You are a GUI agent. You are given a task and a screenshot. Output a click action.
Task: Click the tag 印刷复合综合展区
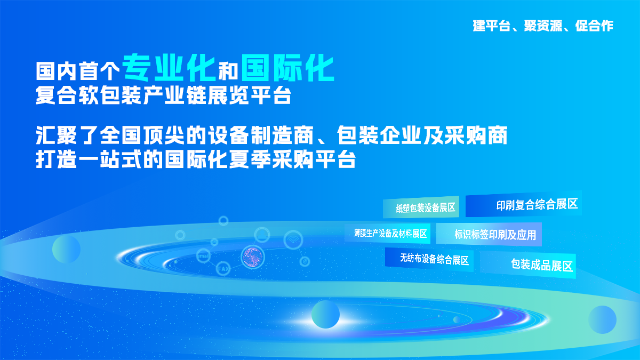[523, 204]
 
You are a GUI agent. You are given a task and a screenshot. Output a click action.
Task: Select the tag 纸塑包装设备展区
[421, 207]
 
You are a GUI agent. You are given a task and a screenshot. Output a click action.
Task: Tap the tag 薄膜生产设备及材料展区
[387, 234]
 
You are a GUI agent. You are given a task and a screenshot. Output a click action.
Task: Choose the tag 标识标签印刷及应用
[489, 234]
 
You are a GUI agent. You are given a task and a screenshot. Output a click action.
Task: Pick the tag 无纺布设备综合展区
[429, 259]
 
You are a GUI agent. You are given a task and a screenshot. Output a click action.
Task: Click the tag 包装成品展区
[528, 265]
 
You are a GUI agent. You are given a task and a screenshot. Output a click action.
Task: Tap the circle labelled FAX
[223, 269]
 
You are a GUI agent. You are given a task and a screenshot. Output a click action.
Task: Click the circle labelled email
[203, 255]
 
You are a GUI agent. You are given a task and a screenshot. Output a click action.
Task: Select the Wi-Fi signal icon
[293, 240]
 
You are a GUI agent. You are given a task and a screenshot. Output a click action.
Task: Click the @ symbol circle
[305, 261]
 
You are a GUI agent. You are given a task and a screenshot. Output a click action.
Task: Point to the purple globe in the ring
[253, 257]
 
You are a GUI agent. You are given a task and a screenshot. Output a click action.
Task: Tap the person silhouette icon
[262, 235]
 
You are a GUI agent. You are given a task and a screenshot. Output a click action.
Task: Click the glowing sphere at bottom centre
[325, 314]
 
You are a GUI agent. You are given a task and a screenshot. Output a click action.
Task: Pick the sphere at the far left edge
[66, 249]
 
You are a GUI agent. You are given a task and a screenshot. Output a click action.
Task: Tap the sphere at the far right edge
[602, 319]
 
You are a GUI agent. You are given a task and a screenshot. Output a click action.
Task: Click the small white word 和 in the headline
[228, 71]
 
